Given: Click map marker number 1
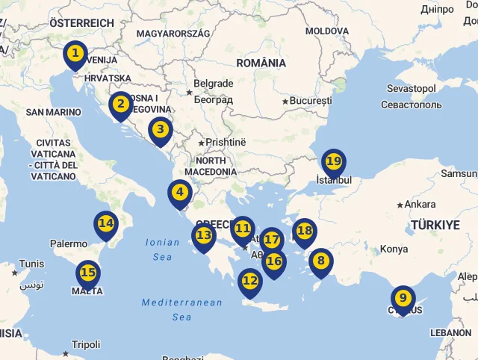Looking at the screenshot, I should tap(75, 55).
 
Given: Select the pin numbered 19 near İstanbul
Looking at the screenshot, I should tap(333, 162).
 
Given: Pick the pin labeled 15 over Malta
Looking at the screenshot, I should tap(87, 273).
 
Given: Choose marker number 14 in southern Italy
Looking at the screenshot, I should tap(105, 224).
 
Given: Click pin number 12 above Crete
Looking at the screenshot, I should tap(249, 282).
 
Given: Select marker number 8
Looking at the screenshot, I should tap(320, 261).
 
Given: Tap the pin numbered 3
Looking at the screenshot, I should tap(159, 131).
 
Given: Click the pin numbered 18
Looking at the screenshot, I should tap(304, 232).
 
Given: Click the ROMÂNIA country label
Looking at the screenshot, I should tap(261, 63).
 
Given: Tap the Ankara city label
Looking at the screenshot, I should tap(419, 205).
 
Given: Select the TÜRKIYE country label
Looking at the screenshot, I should tap(435, 225).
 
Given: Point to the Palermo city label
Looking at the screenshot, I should tap(69, 243).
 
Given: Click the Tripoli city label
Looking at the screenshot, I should tap(86, 345).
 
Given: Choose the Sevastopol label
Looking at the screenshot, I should tap(411, 89).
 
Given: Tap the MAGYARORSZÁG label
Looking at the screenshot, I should tap(173, 34).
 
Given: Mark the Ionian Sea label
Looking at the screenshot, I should tap(162, 249).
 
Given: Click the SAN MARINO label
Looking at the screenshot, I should tap(53, 112).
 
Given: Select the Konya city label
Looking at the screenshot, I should tap(394, 249).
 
